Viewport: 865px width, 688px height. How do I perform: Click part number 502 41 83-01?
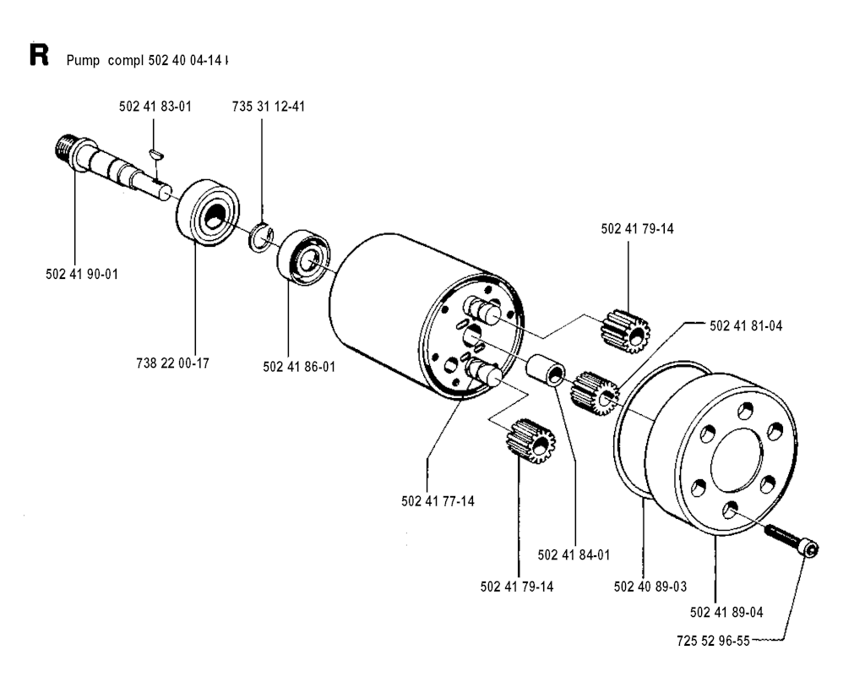tap(155, 106)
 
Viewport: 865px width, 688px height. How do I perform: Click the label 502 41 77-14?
tap(438, 500)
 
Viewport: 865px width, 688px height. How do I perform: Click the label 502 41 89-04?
tap(727, 611)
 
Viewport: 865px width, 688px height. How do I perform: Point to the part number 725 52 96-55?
tap(713, 640)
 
